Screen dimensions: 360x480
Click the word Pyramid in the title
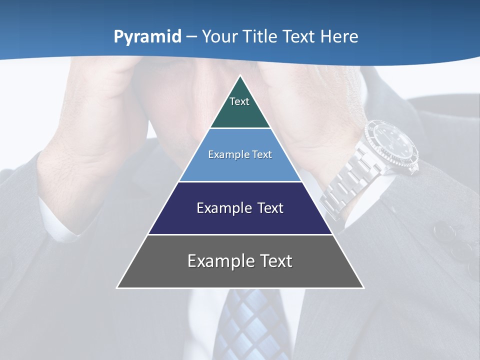(x=147, y=37)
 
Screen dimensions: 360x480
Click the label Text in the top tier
(x=239, y=101)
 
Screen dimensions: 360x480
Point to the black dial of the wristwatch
(x=392, y=145)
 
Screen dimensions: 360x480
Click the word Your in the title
(x=218, y=36)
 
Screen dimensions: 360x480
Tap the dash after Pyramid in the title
(x=191, y=37)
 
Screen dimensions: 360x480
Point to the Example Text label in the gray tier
(x=240, y=261)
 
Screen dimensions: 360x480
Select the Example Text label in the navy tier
(x=240, y=208)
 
